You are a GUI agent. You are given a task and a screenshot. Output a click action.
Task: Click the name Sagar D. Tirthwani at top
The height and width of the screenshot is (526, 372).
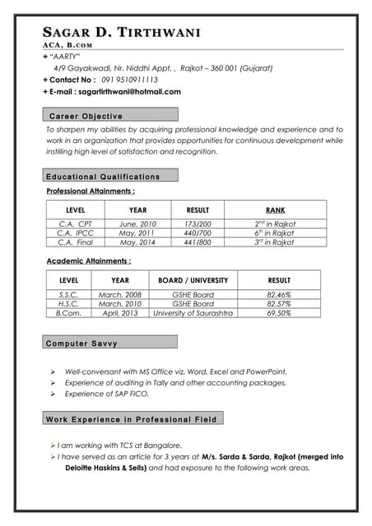tap(121, 32)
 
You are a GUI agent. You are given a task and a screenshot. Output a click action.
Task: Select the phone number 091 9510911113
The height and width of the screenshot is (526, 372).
tap(129, 80)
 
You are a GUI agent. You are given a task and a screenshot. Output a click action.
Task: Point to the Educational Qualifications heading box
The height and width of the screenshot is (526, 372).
tap(103, 177)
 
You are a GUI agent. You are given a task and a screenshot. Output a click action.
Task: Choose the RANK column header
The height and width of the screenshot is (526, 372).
tap(275, 210)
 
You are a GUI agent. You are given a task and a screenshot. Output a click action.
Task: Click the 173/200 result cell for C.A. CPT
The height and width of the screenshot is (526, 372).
tap(198, 224)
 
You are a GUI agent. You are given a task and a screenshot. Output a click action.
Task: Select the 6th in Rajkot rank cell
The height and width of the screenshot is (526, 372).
tap(275, 233)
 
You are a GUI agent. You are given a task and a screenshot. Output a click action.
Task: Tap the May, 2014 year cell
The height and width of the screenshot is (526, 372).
tap(138, 242)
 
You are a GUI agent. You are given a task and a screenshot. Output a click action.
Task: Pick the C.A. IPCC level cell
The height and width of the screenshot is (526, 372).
tap(75, 233)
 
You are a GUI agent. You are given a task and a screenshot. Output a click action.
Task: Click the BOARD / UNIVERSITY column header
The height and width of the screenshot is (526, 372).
tap(193, 280)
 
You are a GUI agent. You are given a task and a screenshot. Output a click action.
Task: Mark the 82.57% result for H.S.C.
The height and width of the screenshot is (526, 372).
tap(279, 303)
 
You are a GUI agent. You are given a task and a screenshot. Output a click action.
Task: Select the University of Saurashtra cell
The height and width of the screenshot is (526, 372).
tap(193, 313)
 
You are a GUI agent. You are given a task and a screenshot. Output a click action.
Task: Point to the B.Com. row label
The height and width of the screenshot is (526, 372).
tap(68, 313)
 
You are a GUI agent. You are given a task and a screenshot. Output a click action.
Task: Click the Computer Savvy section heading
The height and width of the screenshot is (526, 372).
tap(82, 343)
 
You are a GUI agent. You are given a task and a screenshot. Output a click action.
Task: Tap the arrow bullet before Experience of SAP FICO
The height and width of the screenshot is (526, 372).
tap(53, 394)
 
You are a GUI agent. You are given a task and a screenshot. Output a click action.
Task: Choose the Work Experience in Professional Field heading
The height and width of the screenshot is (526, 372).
tap(132, 419)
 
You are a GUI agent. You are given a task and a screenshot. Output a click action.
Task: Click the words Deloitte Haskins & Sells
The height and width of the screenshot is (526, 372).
tap(105, 468)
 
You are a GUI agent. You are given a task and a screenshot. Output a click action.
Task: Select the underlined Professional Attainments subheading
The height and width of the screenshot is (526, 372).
tap(91, 191)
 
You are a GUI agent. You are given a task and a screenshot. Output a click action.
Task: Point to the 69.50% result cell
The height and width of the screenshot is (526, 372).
tap(279, 313)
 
